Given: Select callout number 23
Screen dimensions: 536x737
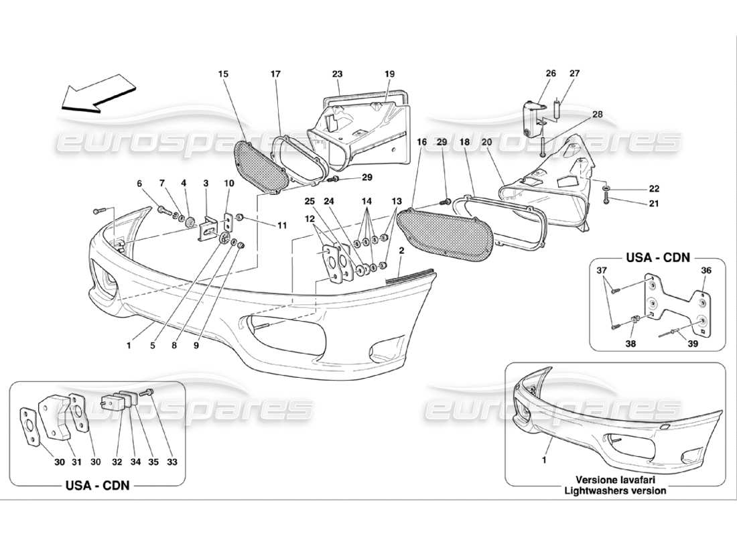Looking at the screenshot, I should [x=336, y=74].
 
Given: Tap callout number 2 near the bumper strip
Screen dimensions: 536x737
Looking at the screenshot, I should [x=401, y=251].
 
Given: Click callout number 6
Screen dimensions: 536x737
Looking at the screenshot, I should [x=140, y=183].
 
